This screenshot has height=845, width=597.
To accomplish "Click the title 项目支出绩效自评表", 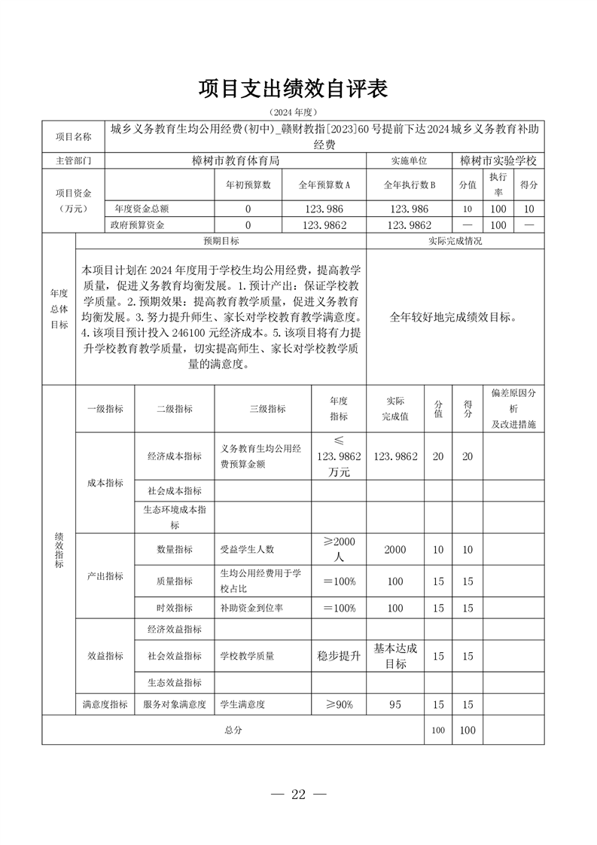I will coord(294,89).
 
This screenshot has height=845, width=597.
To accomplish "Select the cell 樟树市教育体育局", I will coord(236,160).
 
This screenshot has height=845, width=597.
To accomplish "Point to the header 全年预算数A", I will coord(324,185).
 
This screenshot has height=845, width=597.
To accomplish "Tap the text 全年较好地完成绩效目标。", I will coord(453,317).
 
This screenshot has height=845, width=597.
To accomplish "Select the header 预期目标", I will coord(221,242).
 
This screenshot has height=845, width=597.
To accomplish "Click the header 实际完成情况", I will coord(454,242).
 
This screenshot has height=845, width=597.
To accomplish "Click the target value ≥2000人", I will coord(339,550).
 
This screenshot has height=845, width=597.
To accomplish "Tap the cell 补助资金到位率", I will coord(251,608).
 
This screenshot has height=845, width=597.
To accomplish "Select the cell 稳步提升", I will coord(339,656).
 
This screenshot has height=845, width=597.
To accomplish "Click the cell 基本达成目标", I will coord(395,656).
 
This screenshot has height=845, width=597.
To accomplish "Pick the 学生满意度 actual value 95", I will coord(395,705).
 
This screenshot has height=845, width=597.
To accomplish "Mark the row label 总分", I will coord(233,730).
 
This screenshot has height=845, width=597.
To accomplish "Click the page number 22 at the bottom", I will coord(298,795).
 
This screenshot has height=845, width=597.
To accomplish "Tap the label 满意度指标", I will coord(105,705).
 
